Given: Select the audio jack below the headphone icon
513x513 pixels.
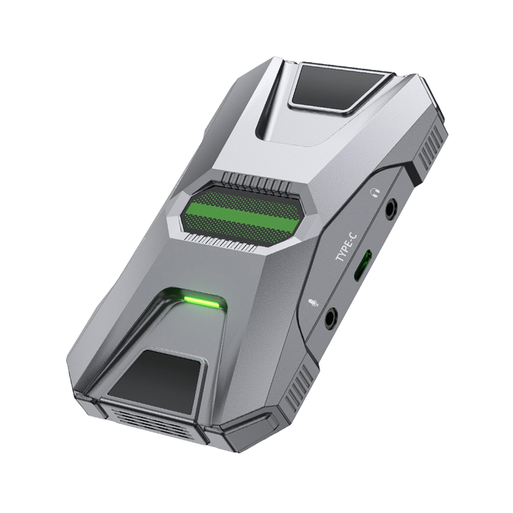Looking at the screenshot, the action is (389, 209).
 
